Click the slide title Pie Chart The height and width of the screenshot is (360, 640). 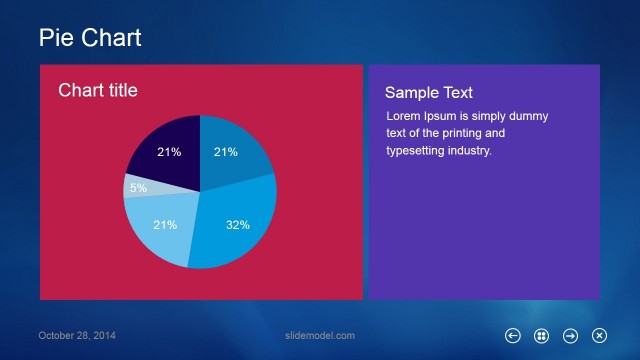pos(90,38)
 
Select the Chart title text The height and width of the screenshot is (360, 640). pos(98,91)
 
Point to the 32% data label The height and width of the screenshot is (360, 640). pos(237,225)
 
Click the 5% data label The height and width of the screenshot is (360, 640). pos(138,188)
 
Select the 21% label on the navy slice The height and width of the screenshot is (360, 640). pos(169,153)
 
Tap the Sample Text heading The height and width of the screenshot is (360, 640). pos(429,93)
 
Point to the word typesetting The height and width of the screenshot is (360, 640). pos(418,151)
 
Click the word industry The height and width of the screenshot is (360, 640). pos(472,151)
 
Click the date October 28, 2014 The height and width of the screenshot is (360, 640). pos(77,336)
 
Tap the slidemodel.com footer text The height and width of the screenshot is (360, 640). pos(320,336)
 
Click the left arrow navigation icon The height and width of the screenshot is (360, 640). pos(513,336)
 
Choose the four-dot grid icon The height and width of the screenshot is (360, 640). pos(542,336)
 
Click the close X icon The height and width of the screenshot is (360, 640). pos(600,336)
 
